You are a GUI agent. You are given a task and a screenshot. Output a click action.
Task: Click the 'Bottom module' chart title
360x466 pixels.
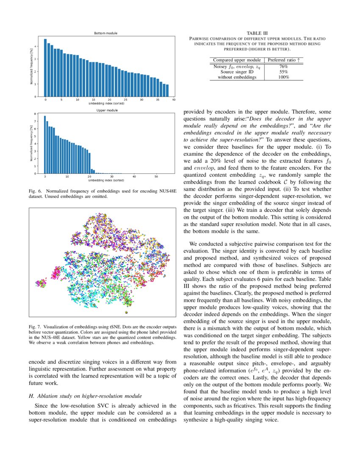pos(105,33)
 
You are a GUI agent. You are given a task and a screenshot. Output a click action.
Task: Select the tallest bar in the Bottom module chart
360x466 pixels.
pos(45,68)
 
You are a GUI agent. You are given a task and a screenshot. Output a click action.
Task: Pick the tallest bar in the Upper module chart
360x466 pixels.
pos(44,144)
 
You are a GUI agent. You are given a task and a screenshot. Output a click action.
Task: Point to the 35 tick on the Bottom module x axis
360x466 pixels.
pos(158,100)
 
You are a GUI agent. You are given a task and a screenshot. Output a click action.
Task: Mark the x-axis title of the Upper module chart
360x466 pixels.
pos(106,180)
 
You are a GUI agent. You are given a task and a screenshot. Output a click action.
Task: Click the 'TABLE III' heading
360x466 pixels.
pos(257,33)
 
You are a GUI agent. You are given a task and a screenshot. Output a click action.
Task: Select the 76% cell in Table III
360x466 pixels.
pos(283,67)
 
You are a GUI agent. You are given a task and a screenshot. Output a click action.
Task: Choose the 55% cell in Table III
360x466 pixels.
pos(283,72)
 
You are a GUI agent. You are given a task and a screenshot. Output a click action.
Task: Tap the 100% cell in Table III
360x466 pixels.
pos(283,77)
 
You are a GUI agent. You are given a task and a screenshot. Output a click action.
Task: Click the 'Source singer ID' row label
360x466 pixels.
pos(237,72)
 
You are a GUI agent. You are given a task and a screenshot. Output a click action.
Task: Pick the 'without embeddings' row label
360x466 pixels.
pos(237,77)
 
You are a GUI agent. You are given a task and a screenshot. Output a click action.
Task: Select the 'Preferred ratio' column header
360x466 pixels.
pos(283,60)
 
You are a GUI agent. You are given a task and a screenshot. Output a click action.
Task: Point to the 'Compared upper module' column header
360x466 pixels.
pos(237,60)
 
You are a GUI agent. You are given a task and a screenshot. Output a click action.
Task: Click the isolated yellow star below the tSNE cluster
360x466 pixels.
pos(126,312)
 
